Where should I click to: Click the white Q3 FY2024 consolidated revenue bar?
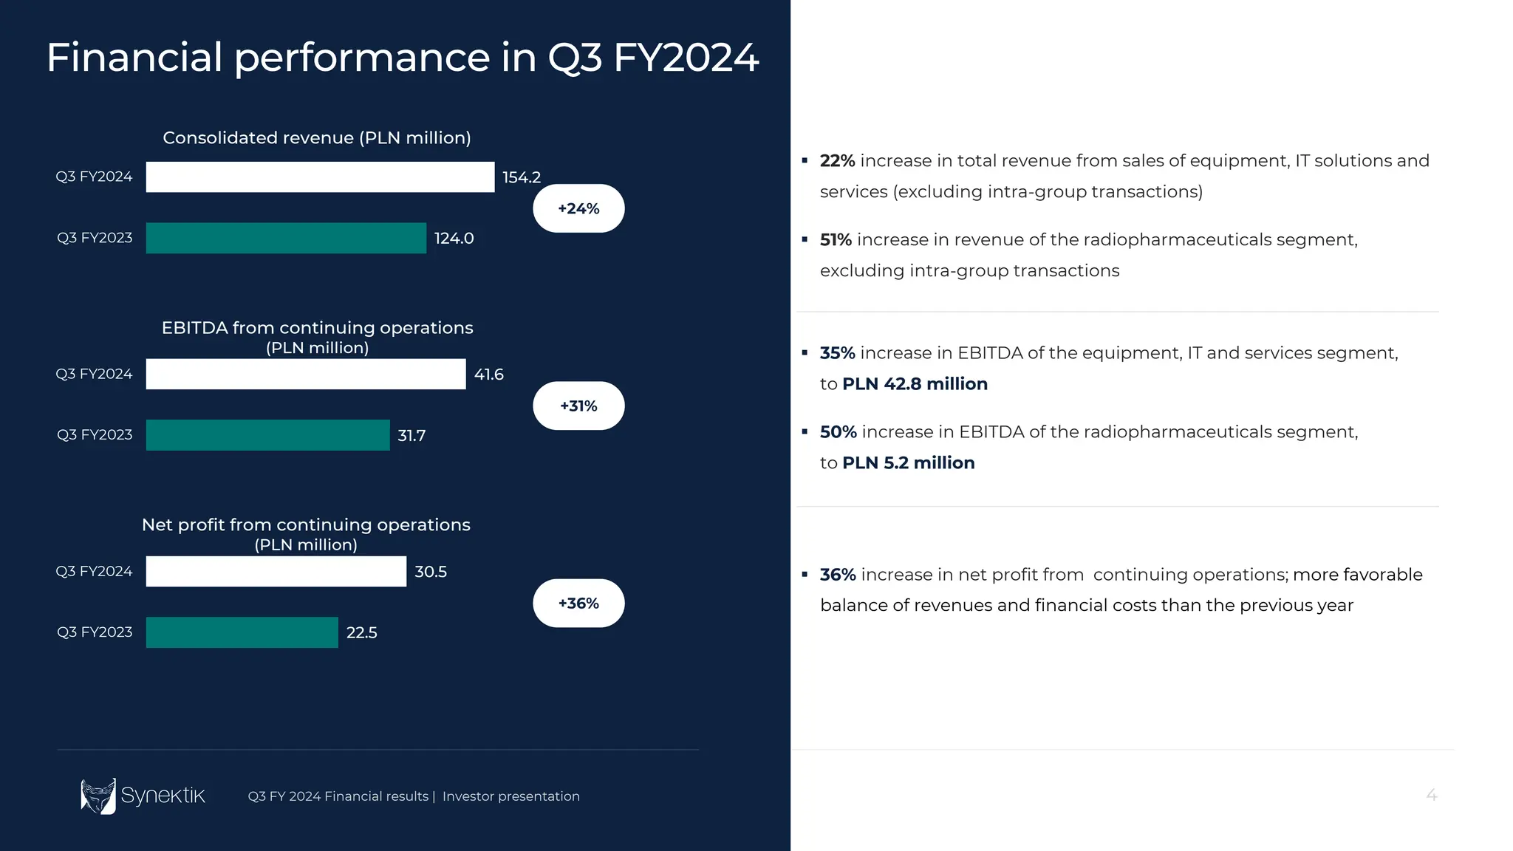click(320, 177)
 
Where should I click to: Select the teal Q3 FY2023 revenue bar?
click(286, 238)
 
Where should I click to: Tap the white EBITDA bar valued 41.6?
click(306, 375)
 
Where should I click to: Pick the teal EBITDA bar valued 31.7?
click(267, 435)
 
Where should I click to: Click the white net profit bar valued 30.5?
click(276, 572)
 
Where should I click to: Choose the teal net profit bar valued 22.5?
click(242, 632)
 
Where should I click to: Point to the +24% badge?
click(578, 208)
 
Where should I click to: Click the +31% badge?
click(578, 406)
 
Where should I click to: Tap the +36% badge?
click(578, 604)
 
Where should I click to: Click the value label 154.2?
click(522, 177)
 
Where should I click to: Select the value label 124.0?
click(454, 239)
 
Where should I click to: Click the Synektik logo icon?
click(98, 796)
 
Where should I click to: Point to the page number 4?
click(1431, 796)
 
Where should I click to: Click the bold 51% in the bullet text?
click(836, 240)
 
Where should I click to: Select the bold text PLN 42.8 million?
click(915, 384)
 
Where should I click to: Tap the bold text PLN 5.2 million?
click(908, 463)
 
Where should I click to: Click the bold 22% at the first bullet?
click(837, 161)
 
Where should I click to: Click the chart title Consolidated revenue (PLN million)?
click(317, 138)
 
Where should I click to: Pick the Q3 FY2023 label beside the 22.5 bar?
click(95, 632)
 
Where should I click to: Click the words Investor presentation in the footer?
click(510, 796)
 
